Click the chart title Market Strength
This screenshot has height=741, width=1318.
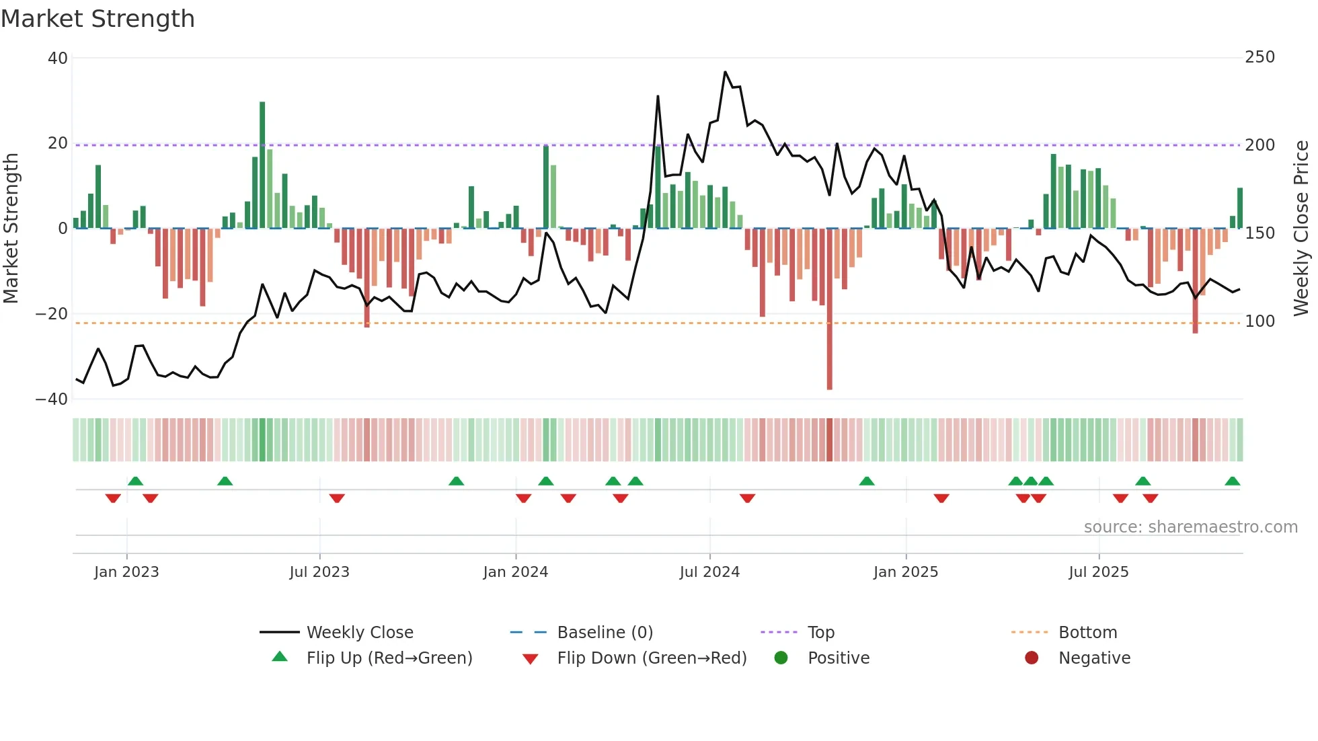coord(98,19)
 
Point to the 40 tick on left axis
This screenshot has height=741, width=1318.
coord(58,58)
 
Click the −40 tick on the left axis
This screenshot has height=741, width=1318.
coord(52,399)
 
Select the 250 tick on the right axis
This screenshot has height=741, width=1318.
coord(1259,57)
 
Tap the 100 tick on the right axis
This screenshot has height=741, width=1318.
coord(1259,321)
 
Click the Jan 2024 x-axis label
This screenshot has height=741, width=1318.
coord(515,572)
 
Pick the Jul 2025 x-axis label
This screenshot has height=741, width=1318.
coord(1098,572)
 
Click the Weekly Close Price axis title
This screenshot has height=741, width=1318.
coord(1301,229)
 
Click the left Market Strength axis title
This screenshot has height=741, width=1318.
coord(11,229)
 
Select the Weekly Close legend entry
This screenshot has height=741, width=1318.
coord(359,633)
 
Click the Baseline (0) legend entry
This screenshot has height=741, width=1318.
coord(605,633)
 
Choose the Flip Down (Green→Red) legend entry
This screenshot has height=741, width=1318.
coord(651,658)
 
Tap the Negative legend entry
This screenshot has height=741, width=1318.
coord(1093,658)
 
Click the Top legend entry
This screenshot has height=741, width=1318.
coord(820,633)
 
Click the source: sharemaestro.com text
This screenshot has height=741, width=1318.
coord(1190,527)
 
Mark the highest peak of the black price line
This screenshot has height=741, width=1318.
coord(725,72)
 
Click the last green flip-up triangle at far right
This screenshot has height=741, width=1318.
coord(1232,481)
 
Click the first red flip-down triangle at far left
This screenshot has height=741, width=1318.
coord(113,498)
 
